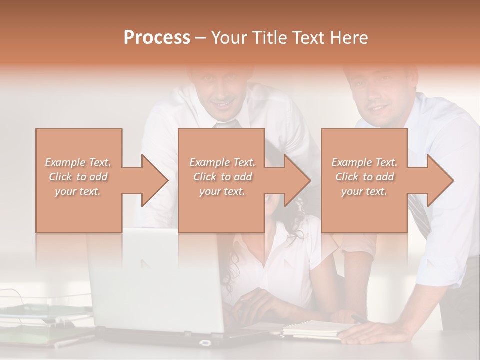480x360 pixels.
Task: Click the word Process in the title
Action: [157, 37]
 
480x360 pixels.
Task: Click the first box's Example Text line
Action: [78, 162]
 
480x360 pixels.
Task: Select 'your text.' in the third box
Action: [364, 191]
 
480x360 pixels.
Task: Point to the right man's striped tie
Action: [420, 215]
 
